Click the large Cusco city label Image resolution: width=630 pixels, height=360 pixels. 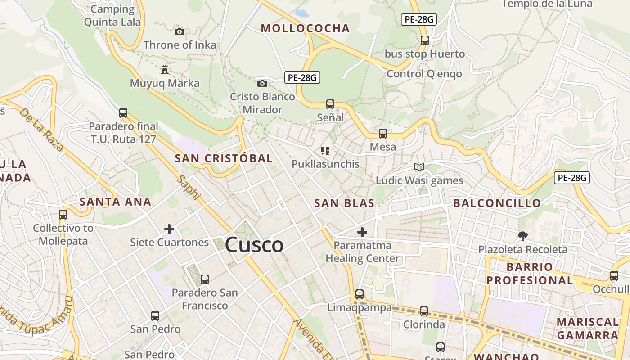tap(254, 245)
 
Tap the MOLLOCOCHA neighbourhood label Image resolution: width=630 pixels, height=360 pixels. tap(305, 28)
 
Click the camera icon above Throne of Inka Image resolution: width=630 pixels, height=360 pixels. tap(180, 31)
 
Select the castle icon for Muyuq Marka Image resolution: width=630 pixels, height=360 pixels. tap(164, 70)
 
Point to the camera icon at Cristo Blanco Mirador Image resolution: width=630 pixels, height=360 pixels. tap(262, 83)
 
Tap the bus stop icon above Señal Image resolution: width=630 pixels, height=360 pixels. tap(330, 104)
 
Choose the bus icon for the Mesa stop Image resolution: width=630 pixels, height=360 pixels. tap(383, 134)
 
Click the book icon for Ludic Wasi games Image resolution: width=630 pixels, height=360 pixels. tap(419, 167)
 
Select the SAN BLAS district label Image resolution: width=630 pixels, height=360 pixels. tap(344, 203)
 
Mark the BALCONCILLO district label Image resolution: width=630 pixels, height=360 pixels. tap(497, 203)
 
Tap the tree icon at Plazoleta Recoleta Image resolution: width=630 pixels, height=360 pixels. tap(523, 236)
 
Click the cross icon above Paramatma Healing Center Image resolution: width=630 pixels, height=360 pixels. tap(362, 232)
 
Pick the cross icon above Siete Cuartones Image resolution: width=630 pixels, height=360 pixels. tap(169, 229)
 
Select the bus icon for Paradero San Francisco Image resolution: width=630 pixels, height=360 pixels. tap(205, 279)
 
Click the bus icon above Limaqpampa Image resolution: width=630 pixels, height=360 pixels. tap(360, 295)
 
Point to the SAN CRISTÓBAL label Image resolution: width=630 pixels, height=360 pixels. tap(224, 158)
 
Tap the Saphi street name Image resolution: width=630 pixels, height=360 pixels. tap(188, 187)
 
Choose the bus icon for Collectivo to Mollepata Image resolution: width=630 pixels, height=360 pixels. tap(63, 215)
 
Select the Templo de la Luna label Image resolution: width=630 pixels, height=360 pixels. tap(547, 4)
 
